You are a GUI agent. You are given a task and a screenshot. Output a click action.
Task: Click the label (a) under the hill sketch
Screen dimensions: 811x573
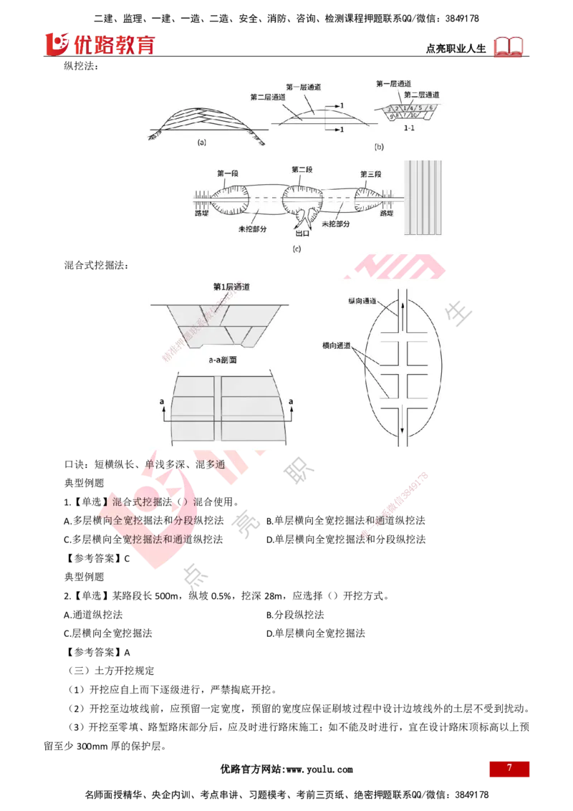201,142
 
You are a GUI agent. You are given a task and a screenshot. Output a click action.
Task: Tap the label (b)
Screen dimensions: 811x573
379,146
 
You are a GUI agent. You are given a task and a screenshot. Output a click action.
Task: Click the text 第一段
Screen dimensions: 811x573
226,173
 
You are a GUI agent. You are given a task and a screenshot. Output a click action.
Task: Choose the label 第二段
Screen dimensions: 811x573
302,169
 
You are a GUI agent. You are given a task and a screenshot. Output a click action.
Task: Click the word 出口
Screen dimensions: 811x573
303,233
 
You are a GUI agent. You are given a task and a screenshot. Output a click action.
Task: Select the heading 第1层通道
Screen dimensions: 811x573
231,287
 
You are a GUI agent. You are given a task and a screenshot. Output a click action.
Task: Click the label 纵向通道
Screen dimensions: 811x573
365,302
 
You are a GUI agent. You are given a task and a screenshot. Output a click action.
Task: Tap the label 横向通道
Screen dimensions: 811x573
337,346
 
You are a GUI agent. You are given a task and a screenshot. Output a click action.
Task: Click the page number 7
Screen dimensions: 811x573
509,768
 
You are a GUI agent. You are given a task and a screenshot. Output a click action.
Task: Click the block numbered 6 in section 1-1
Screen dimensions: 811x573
432,107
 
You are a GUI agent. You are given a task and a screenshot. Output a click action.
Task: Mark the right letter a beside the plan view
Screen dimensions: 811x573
291,403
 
